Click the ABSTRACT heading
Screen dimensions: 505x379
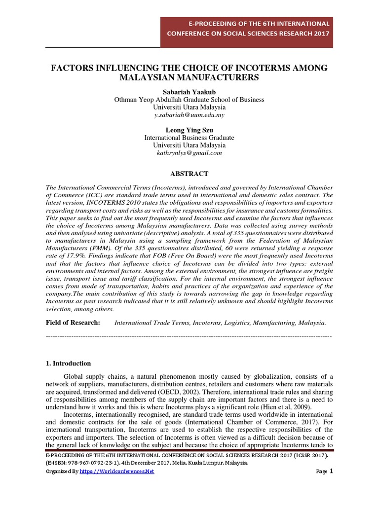coord(189,174)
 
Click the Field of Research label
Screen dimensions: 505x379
coord(73,323)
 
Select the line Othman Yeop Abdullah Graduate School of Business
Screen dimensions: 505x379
coord(189,100)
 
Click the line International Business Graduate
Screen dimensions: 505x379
coord(189,138)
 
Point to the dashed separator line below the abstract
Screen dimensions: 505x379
coord(189,335)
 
